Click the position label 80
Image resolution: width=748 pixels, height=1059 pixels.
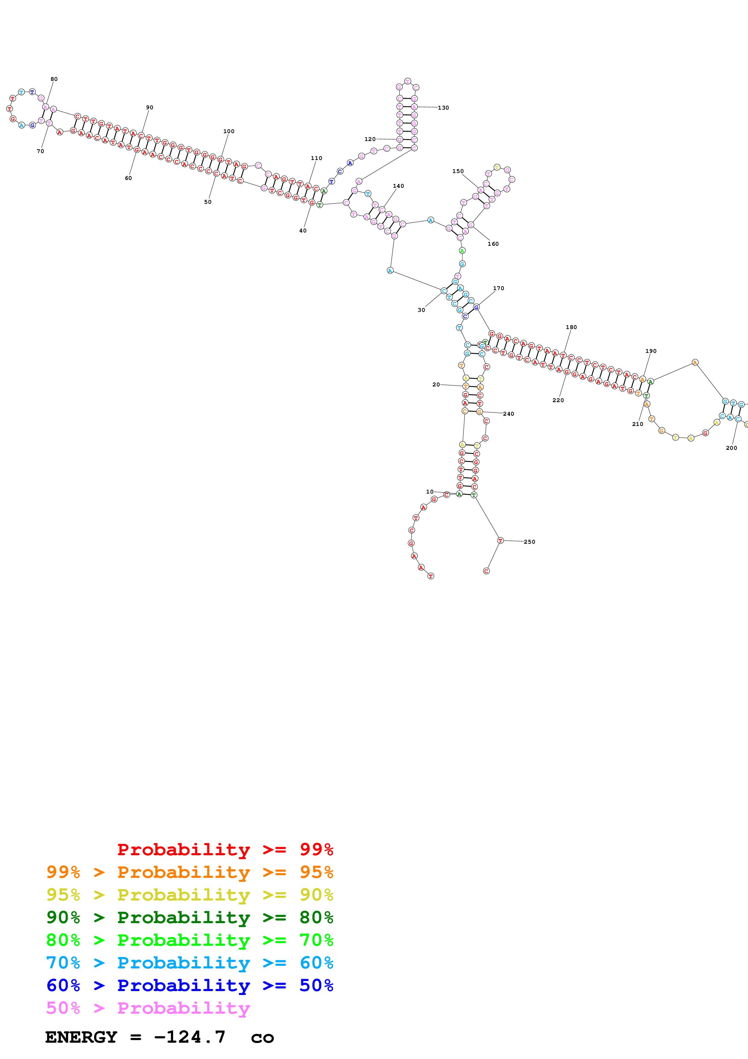point(54,79)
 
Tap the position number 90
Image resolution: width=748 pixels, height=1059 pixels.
point(149,107)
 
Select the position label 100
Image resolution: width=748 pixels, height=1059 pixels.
point(229,131)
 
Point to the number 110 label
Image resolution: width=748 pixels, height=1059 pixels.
point(316,158)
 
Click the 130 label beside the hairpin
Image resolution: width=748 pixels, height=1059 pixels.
point(443,108)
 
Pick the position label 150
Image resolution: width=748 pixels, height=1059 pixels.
point(458,171)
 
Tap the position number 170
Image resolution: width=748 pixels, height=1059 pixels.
point(498,288)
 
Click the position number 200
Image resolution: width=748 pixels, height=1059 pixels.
point(731,448)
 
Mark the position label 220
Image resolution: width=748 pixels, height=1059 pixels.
point(558,400)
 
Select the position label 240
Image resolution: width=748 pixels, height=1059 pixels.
point(508,414)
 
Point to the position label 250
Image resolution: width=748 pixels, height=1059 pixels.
point(529,542)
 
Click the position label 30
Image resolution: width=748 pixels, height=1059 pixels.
point(421,310)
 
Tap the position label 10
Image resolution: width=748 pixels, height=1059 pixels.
point(430,492)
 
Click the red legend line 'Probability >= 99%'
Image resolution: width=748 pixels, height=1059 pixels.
point(225,849)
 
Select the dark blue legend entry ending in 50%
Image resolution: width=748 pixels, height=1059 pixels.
point(189,985)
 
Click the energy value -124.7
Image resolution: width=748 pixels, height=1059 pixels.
point(190,1037)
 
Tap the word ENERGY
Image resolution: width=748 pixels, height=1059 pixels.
point(81,1037)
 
